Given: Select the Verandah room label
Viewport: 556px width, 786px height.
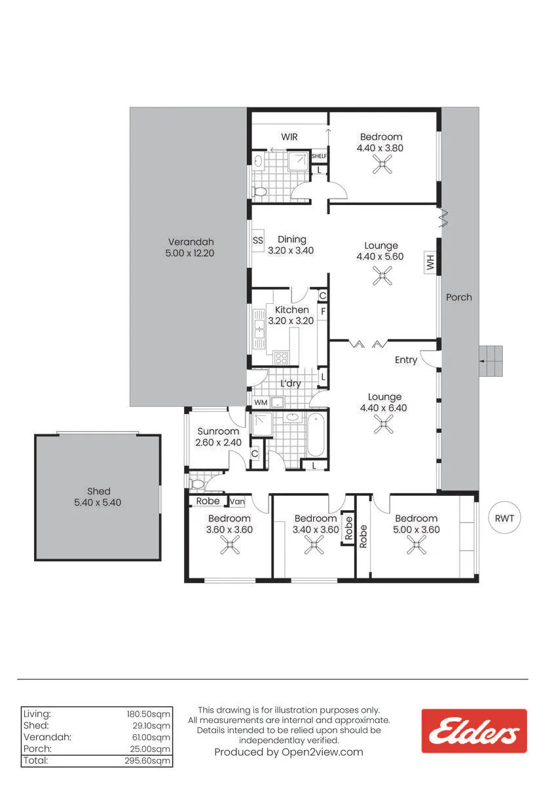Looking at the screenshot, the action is (191, 242).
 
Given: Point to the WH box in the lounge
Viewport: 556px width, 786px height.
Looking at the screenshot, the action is (430, 262).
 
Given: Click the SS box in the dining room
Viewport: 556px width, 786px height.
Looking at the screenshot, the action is (258, 240).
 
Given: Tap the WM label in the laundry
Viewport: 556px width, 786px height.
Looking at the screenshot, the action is (261, 402).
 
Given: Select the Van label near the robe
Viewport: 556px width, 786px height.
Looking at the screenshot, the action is (237, 502).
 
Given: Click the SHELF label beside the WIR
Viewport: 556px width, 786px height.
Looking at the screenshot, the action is (319, 156).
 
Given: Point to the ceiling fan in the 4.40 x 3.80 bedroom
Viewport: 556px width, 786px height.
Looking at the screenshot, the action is (382, 164).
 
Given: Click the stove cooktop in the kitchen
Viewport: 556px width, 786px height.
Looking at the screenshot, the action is (282, 358).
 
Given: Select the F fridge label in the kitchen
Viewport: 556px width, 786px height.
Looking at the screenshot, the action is (323, 311).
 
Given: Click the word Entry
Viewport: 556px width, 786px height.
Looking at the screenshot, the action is (406, 360).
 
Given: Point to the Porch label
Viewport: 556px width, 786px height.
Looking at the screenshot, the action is (459, 297).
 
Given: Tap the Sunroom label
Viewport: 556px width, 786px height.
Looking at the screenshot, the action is (218, 431).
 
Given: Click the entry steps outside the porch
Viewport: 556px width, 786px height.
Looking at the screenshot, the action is (491, 361).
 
